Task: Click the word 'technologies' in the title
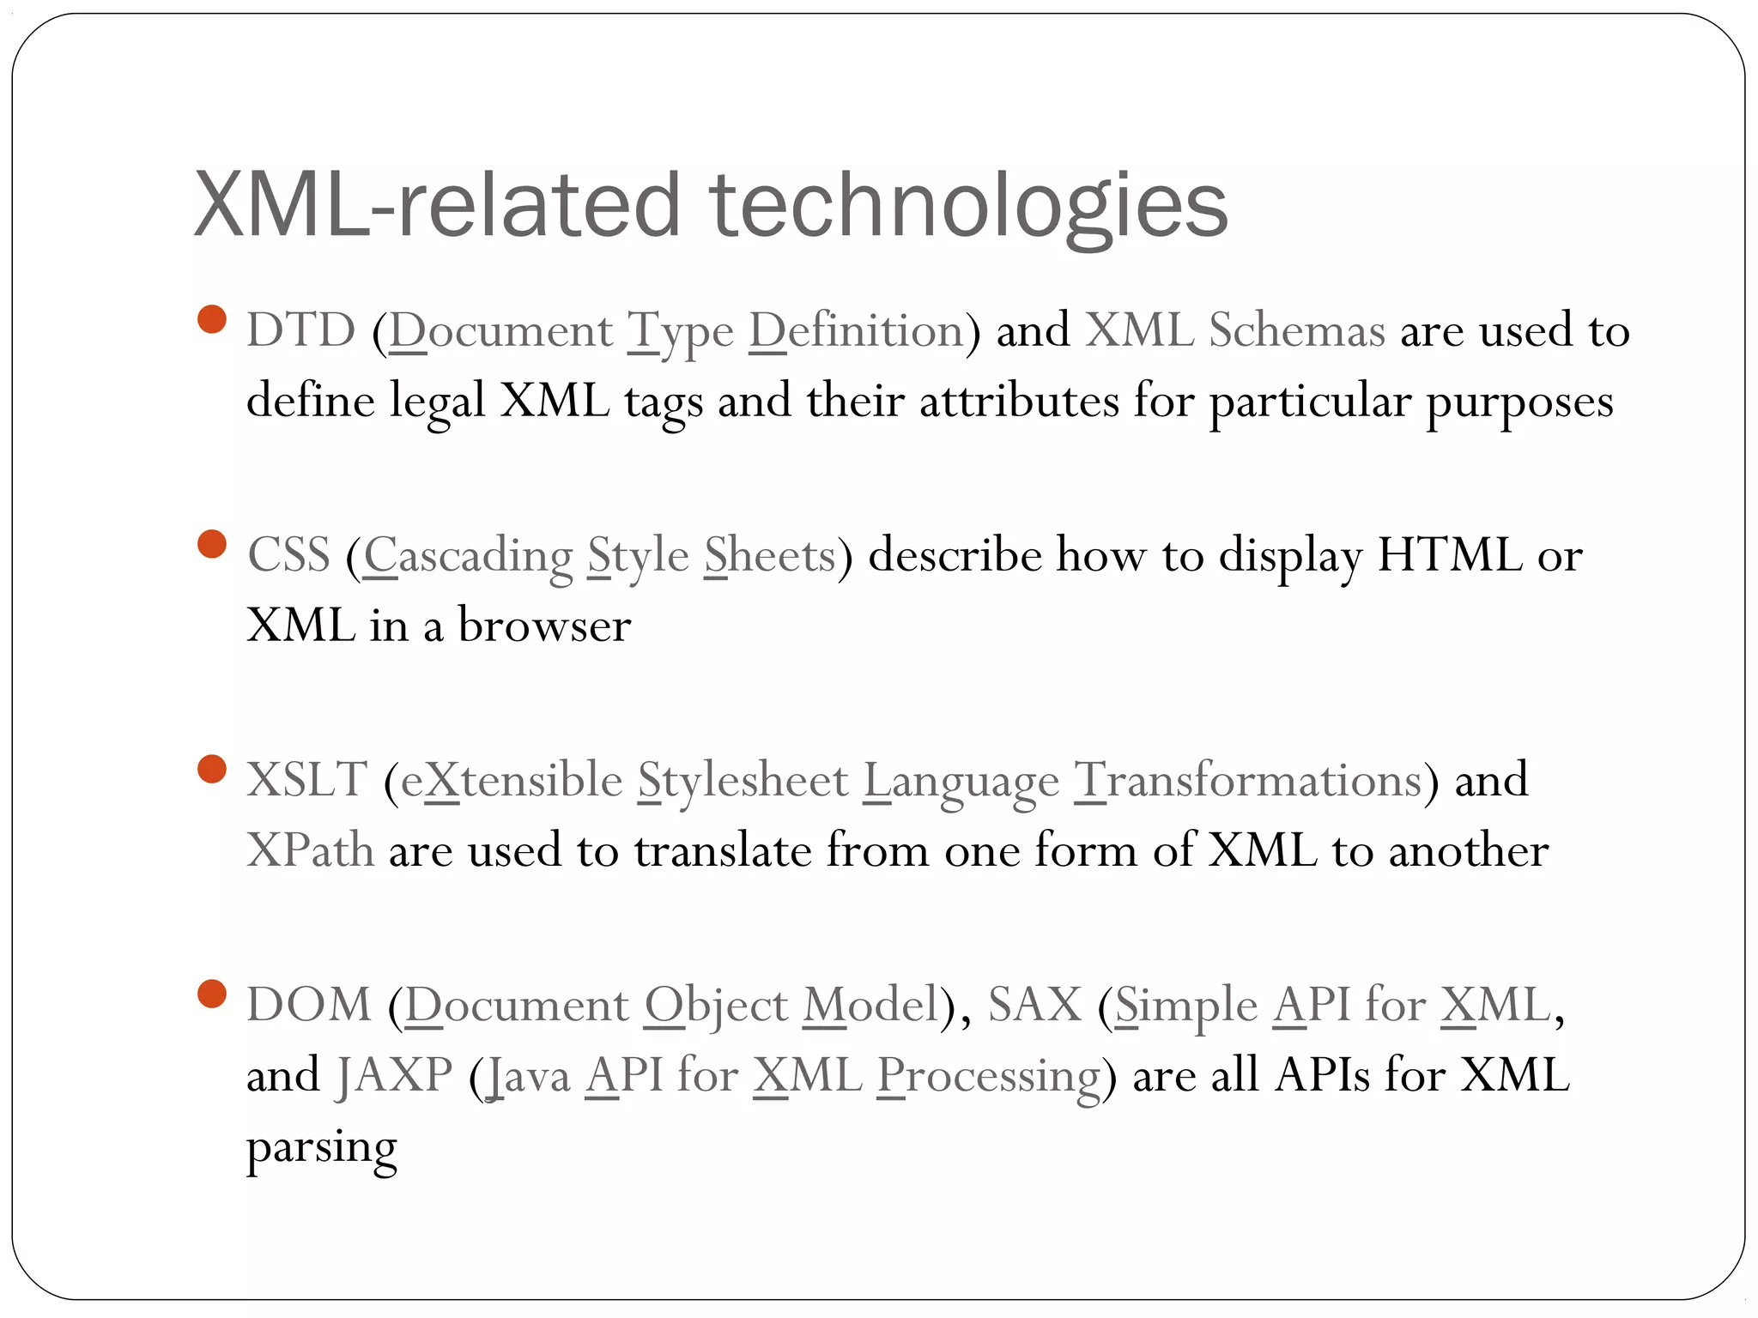(968, 206)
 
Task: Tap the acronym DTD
(300, 330)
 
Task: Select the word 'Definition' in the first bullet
(856, 330)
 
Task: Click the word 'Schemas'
(1296, 330)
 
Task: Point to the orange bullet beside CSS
(211, 544)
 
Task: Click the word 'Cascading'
(468, 555)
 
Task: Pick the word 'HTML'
(1449, 555)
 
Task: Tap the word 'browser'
(544, 626)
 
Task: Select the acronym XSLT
(306, 780)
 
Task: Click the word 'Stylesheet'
(743, 780)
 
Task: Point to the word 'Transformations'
(1248, 780)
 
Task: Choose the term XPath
(310, 850)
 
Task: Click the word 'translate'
(723, 850)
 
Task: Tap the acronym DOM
(309, 1005)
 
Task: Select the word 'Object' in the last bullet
(716, 1005)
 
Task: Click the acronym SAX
(1034, 1005)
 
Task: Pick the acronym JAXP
(394, 1075)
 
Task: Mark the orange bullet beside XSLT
(211, 769)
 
